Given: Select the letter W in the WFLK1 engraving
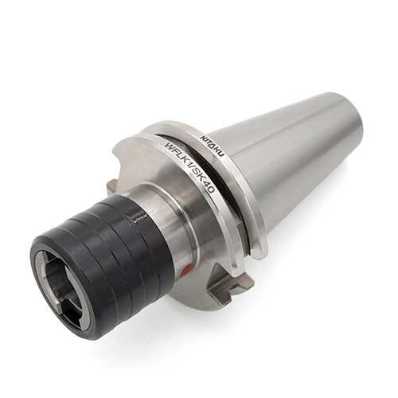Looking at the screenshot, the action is pyautogui.click(x=170, y=146).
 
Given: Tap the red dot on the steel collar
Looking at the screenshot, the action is pyautogui.click(x=188, y=267).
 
